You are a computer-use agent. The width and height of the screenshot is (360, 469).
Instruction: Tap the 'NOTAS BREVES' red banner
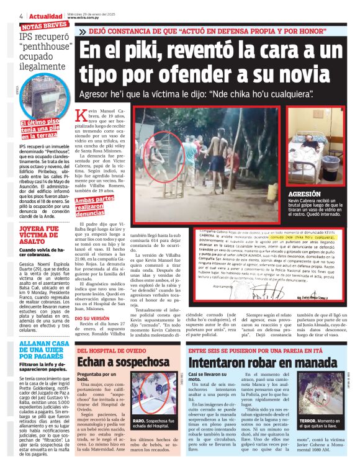pyautogui.click(x=45, y=25)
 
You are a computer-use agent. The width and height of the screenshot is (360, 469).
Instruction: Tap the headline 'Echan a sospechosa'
pyautogui.click(x=115, y=362)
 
